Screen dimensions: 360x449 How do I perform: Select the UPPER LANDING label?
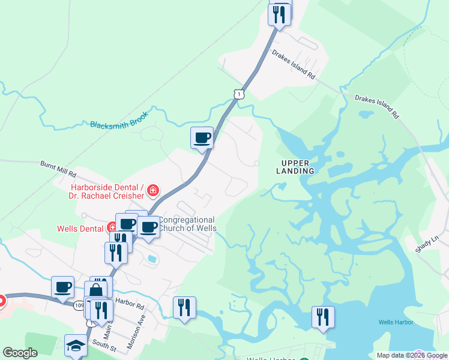[299, 167]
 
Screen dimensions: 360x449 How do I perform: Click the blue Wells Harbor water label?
[394, 322]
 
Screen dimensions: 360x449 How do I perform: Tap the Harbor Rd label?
[131, 305]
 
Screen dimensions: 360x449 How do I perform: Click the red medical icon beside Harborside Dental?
[153, 191]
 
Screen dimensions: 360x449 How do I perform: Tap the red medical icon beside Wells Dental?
[112, 227]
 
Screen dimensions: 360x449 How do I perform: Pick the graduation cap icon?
[76, 345]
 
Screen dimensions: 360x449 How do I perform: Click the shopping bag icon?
[95, 291]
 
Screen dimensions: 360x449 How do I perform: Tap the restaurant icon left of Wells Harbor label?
[323, 316]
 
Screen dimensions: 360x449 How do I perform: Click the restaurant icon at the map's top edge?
[279, 13]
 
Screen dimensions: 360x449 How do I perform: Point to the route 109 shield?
[79, 305]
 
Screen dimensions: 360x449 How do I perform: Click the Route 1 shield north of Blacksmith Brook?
[239, 94]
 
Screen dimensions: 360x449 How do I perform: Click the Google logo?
[20, 353]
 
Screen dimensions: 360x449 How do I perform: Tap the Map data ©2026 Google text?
[412, 355]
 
